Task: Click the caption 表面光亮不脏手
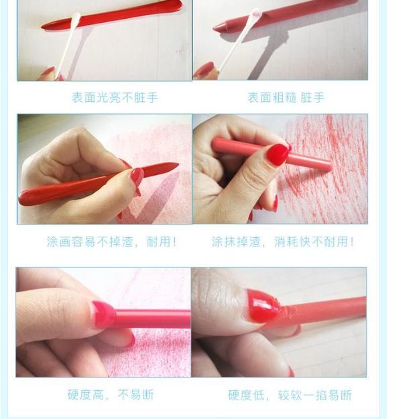tap(115, 98)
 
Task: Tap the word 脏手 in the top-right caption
tap(312, 98)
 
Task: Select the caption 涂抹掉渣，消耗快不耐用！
tap(282, 241)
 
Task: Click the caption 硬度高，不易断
tap(111, 395)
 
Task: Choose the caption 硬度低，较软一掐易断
tap(290, 395)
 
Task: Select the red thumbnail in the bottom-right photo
tap(263, 306)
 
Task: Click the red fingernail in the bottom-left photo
tap(103, 314)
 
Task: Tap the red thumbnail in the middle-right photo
tap(277, 154)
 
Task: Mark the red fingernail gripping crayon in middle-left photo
tap(137, 176)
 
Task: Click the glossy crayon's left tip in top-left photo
tap(44, 27)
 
